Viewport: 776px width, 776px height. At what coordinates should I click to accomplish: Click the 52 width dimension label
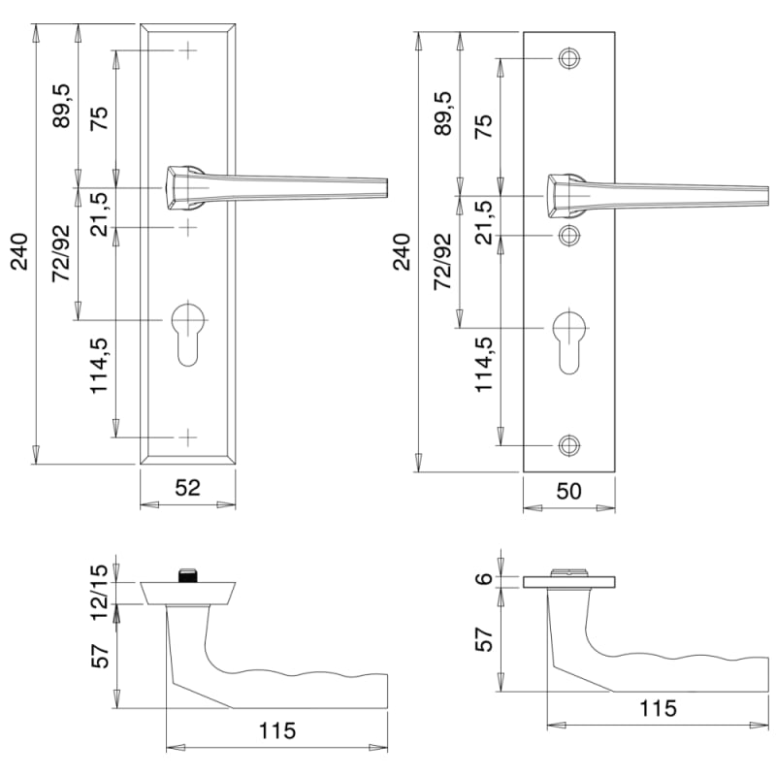coord(187,488)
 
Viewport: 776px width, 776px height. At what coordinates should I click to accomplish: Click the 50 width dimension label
coord(568,491)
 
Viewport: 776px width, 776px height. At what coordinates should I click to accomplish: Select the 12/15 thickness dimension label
coord(99,593)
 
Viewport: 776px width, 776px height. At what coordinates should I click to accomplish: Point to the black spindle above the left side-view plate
coord(187,574)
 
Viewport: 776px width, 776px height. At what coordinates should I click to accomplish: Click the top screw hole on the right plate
coord(569,58)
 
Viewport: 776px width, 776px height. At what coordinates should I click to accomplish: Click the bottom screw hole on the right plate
coord(569,445)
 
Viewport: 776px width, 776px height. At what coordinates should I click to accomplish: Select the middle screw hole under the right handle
coord(569,235)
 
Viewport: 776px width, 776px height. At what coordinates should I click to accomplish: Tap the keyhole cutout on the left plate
coord(187,335)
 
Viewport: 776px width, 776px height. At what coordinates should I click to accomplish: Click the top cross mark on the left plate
coord(187,50)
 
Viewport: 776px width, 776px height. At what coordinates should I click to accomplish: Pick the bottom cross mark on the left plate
coord(187,437)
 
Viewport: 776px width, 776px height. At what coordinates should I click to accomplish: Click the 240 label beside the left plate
coord(19,252)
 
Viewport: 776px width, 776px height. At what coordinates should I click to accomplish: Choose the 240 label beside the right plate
coord(402,252)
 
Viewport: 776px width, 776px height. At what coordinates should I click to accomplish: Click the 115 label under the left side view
coord(277,730)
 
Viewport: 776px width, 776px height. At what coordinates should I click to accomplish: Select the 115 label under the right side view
coord(658,708)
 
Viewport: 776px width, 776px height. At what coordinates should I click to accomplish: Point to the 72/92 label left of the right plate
coord(443,261)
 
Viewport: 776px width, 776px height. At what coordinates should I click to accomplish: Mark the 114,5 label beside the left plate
coord(99,366)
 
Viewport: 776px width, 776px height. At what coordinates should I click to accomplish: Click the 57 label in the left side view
coord(100,657)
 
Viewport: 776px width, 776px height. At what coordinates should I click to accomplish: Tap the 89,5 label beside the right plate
coord(443,113)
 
